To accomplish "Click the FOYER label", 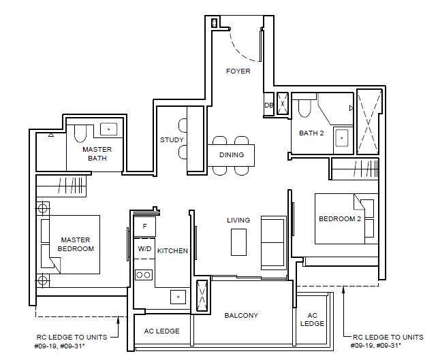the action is click(x=238, y=71).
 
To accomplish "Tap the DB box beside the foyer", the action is click(x=268, y=105).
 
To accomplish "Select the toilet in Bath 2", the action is click(x=304, y=108).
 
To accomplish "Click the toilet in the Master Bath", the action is click(x=80, y=133).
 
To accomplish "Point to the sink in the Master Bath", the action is click(x=109, y=129).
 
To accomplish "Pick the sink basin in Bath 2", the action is click(x=341, y=138).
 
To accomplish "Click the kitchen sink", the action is click(x=178, y=297).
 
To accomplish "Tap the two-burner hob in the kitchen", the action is click(x=144, y=275).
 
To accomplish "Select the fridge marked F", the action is click(x=144, y=227).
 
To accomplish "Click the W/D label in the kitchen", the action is click(x=144, y=248).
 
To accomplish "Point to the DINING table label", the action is click(x=232, y=154).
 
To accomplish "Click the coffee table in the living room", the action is click(x=239, y=242).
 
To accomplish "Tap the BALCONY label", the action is click(x=241, y=315).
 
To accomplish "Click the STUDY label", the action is click(x=172, y=140).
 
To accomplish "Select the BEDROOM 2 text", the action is click(x=340, y=219).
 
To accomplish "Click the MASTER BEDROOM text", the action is click(x=76, y=244).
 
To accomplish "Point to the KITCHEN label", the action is click(x=172, y=251).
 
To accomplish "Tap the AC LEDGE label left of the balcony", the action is click(x=161, y=331).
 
